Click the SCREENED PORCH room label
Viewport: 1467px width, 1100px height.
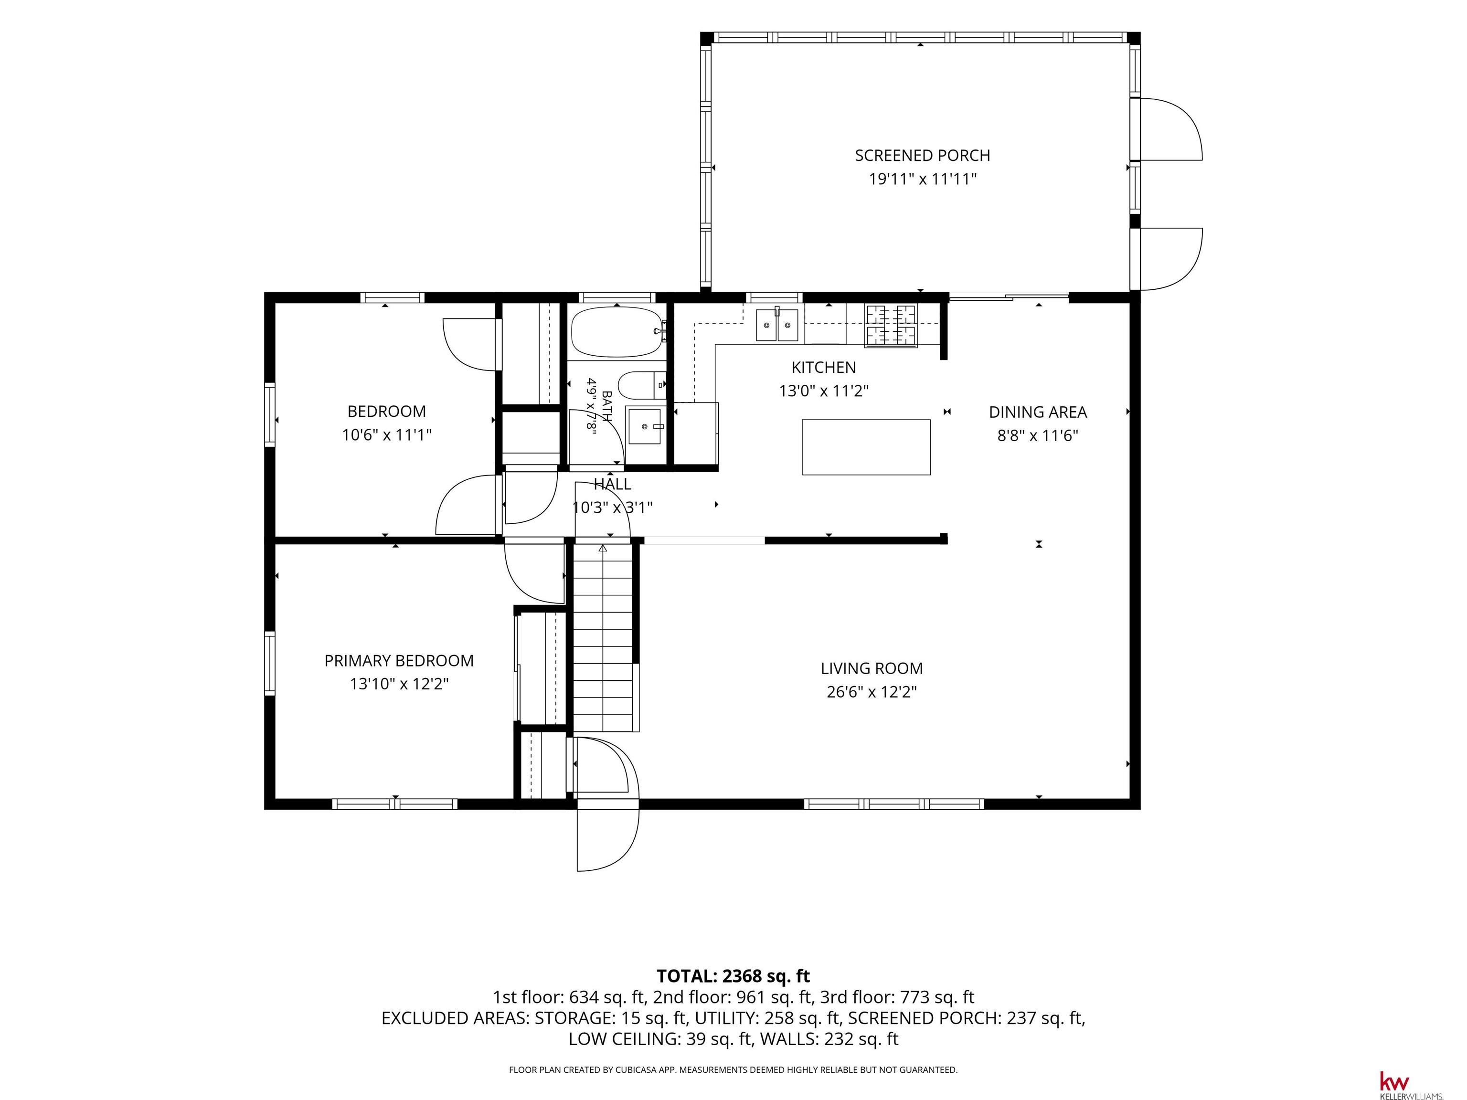(x=922, y=155)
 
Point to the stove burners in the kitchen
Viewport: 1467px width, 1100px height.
(x=891, y=325)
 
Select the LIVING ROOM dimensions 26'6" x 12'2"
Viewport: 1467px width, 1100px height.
(x=872, y=692)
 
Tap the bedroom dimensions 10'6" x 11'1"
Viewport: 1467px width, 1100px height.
(x=387, y=435)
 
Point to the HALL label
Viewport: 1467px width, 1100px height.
(x=612, y=484)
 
